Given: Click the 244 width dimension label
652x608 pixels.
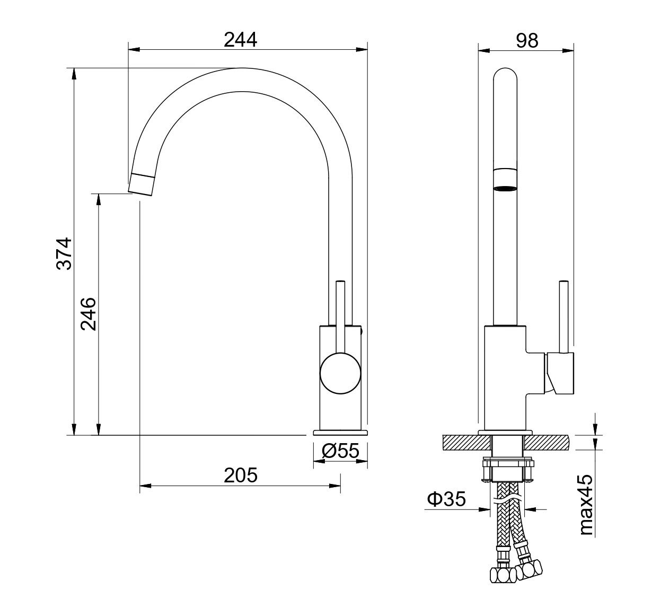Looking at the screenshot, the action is pos(240,40).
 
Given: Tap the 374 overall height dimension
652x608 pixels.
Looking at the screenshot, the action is pos(64,254).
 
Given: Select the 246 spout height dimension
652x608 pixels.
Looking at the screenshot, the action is pos(89,314).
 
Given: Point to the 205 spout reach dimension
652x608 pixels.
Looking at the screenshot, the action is pos(241,475).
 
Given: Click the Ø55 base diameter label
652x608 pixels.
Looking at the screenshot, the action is pos(340,451).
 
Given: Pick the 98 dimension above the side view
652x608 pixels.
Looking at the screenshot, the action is pos(527,41).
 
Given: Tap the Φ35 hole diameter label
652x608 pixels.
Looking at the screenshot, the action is pos(446,499).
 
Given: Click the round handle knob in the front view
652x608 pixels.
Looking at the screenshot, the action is pos(340,373).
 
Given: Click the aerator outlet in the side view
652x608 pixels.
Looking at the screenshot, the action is pos(505,188).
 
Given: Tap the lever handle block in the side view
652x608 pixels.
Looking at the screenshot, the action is pos(559,374).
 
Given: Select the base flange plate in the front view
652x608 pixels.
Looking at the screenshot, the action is pos(340,433).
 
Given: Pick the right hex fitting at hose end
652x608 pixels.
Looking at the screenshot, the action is pos(528,570).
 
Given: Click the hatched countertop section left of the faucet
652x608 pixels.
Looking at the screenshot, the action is pos(467,443).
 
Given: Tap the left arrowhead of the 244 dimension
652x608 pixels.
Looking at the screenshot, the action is pos(134,50).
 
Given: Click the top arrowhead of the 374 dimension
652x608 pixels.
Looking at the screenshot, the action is pos(74,74).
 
